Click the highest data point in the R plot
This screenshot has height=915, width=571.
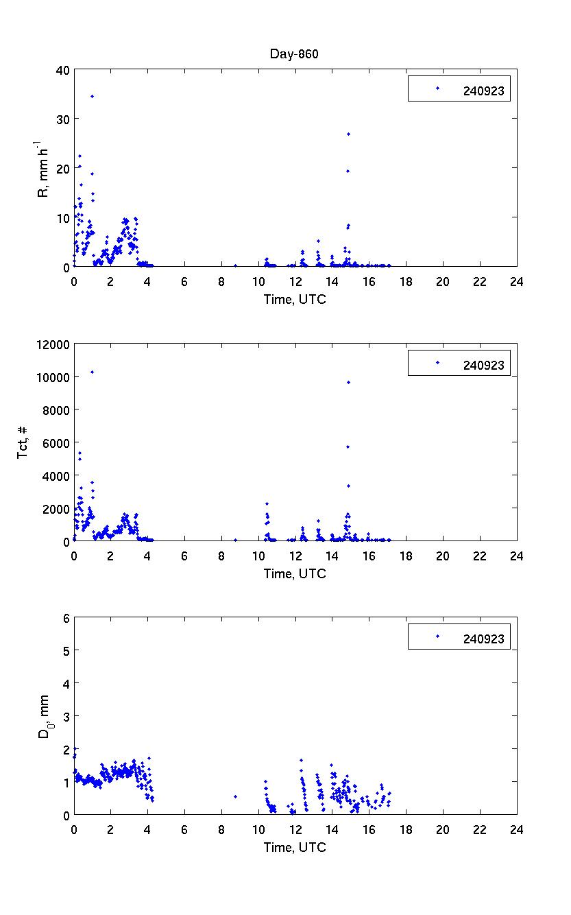(92, 96)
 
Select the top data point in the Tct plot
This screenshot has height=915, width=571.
(92, 372)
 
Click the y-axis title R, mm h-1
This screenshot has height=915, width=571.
(44, 168)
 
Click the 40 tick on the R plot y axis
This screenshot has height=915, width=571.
(62, 69)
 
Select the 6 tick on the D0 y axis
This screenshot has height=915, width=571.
(66, 618)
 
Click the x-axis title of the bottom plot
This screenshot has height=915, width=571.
(295, 847)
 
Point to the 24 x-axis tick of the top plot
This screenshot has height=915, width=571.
(516, 281)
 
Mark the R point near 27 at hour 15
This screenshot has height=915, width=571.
(348, 134)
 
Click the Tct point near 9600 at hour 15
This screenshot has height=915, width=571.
(348, 382)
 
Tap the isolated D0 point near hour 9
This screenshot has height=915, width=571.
(235, 796)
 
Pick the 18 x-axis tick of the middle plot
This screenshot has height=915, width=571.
(406, 556)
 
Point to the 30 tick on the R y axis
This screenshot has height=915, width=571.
(62, 119)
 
